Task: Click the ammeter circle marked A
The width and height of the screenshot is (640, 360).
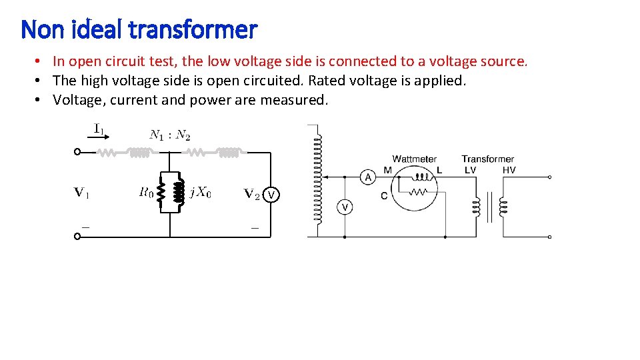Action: tap(367, 177)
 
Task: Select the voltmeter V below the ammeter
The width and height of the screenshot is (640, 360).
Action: tap(345, 207)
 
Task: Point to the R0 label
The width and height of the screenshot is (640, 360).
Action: tap(146, 193)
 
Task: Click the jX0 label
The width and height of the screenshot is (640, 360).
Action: tap(201, 193)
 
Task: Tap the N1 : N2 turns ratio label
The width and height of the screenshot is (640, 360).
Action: tap(170, 135)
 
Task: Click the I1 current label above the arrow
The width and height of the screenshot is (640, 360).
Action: tap(99, 128)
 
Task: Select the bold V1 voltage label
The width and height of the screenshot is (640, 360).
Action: tap(81, 193)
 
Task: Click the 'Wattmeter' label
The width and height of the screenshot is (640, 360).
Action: tap(414, 159)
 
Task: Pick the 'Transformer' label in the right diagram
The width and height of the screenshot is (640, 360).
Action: tap(487, 159)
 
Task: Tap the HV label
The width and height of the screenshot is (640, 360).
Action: tap(509, 171)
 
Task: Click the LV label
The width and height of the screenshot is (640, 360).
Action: tap(470, 171)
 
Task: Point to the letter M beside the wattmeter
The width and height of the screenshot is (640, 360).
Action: tap(388, 171)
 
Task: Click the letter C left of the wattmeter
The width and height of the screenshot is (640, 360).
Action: tap(384, 195)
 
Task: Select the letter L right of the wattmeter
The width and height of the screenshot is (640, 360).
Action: tap(439, 171)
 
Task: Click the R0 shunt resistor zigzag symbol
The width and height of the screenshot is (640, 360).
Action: tap(160, 193)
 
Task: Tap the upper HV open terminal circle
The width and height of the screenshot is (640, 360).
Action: tap(549, 177)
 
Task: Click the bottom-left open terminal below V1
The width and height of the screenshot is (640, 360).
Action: tap(77, 236)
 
